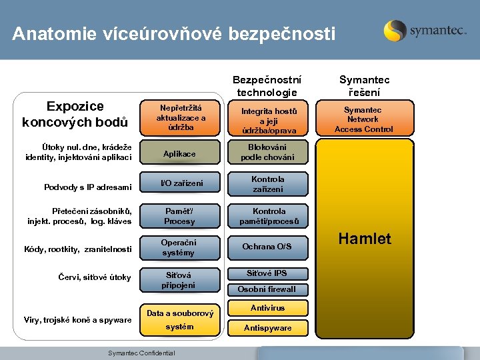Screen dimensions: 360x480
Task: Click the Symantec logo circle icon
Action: point(395,31)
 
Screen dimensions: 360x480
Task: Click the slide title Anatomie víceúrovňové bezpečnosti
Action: point(174,34)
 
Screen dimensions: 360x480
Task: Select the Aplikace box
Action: point(179,154)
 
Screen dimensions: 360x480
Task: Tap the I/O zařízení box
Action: point(179,183)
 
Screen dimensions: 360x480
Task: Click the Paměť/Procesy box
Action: point(179,216)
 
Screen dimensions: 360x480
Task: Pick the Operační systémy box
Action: point(179,247)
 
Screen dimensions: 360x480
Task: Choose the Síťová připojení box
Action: point(179,279)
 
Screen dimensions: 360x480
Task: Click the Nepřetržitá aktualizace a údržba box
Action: point(181,117)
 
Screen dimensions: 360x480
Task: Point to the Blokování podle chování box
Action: point(267,153)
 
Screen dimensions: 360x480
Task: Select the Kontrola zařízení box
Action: point(267,184)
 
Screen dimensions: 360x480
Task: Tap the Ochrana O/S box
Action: point(267,247)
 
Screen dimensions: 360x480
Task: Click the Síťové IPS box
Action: point(267,273)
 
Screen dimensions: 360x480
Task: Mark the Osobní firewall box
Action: point(267,289)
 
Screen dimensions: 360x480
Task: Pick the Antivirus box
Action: point(267,308)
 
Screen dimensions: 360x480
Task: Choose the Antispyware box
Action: point(267,328)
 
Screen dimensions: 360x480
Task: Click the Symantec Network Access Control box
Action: point(364,119)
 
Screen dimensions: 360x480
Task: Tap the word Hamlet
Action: point(365,239)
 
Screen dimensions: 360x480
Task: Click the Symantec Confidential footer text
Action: point(141,353)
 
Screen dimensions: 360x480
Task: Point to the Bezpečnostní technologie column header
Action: point(267,85)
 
